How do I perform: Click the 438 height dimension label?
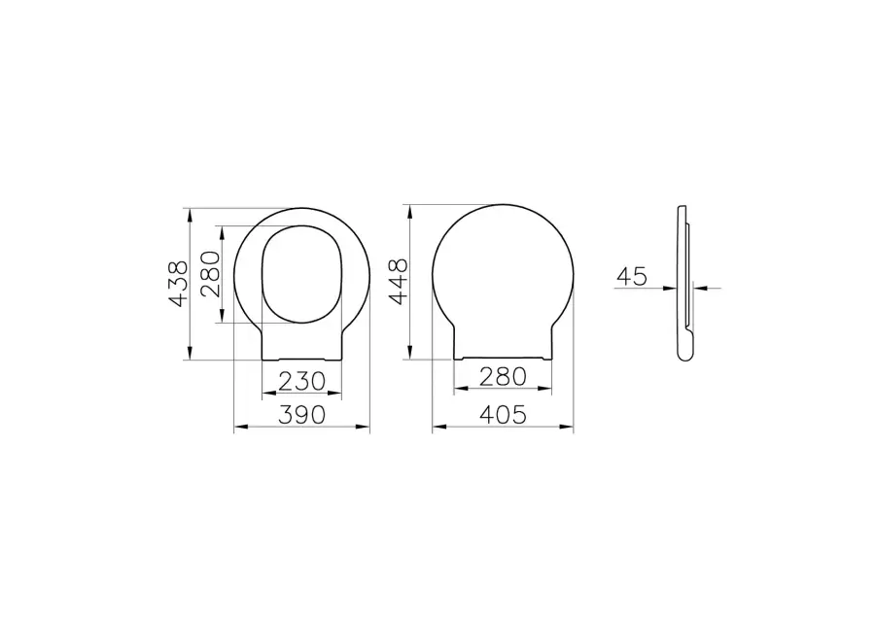pyautogui.click(x=180, y=285)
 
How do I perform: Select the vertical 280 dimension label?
pyautogui.click(x=210, y=274)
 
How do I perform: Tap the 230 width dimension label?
pyautogui.click(x=302, y=382)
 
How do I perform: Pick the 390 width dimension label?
pyautogui.click(x=302, y=415)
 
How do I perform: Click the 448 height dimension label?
pyautogui.click(x=399, y=282)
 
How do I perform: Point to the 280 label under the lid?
pyautogui.click(x=504, y=377)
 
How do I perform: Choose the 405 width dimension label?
pyautogui.click(x=504, y=415)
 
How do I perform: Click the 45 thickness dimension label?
pyautogui.click(x=632, y=276)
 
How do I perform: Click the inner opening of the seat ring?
pyautogui.click(x=301, y=274)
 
